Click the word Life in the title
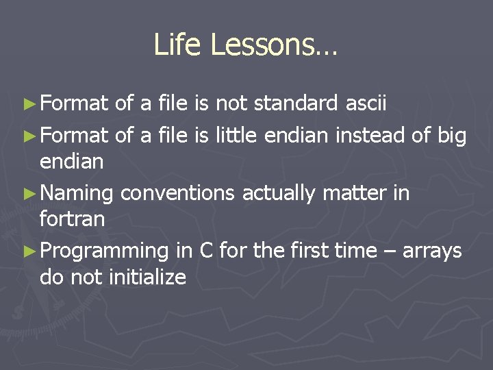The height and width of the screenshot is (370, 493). tap(177, 45)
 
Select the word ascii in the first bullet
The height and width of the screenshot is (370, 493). tap(366, 103)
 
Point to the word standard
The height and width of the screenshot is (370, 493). tap(296, 103)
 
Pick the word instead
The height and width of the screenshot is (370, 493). tap(370, 136)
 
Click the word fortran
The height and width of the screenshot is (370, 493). tap(72, 220)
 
